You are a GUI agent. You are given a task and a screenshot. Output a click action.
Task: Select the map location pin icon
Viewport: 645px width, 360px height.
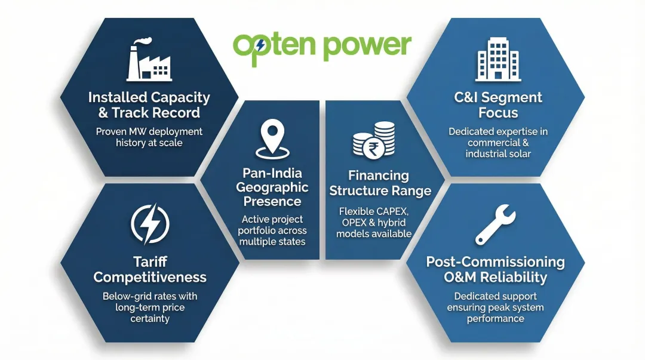(272, 139)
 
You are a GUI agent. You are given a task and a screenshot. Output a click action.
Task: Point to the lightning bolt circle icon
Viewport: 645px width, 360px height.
(150, 224)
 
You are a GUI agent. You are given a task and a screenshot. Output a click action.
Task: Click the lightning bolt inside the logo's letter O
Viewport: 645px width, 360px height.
(260, 45)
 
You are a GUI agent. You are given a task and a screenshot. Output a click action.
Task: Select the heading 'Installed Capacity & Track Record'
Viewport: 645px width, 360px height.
(149, 104)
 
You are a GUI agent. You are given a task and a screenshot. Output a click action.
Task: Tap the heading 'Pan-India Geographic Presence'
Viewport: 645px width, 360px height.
(272, 187)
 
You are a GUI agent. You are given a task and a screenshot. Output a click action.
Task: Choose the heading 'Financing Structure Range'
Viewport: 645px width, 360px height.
(380, 183)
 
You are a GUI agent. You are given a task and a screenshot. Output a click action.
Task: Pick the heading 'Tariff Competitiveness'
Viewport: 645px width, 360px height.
(150, 269)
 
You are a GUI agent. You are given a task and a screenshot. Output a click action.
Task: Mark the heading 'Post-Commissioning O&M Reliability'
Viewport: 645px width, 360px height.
(495, 269)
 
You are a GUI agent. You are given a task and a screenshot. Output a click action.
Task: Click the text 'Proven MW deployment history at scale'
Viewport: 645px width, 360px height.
(149, 137)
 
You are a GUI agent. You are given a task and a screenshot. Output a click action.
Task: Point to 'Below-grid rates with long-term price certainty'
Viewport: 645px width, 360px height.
(150, 307)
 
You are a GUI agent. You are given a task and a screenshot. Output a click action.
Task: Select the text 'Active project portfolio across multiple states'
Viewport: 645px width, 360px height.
(272, 230)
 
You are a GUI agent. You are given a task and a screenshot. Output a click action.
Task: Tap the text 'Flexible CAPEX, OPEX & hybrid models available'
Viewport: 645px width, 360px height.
(374, 222)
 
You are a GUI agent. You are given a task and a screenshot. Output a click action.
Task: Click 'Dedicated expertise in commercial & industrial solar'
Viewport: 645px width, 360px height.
(498, 143)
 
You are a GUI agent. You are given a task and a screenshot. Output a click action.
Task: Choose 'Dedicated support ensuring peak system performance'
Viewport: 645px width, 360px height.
(495, 307)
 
